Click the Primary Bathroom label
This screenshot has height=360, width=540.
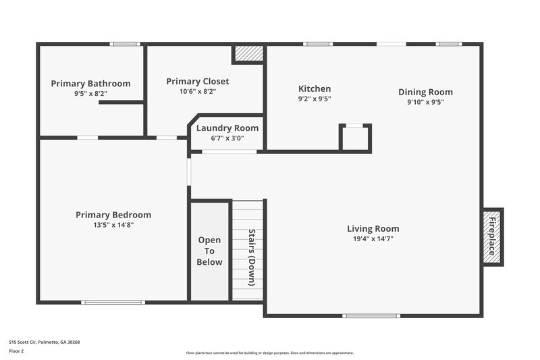coord(90,84)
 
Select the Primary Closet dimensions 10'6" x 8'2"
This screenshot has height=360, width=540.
coord(197,91)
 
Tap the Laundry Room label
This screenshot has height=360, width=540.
coord(227,128)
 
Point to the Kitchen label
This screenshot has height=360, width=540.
coord(315,88)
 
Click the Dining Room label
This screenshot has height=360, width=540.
coord(425,92)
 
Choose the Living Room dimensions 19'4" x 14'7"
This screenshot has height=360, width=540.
coord(373,238)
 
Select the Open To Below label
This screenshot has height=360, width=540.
coord(209,251)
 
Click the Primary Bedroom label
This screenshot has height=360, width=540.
coord(113,215)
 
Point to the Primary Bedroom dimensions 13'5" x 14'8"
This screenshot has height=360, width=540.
coord(113,225)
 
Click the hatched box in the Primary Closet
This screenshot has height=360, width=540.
coord(248,53)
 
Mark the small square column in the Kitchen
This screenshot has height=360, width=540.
coord(354,138)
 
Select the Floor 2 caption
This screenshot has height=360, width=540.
coord(16,351)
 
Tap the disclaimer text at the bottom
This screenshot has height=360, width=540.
coord(269,353)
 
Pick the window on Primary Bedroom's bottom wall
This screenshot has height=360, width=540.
coord(113,302)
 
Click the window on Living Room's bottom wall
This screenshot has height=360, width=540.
coord(371,315)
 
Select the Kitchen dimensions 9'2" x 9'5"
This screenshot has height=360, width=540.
coord(315,99)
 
